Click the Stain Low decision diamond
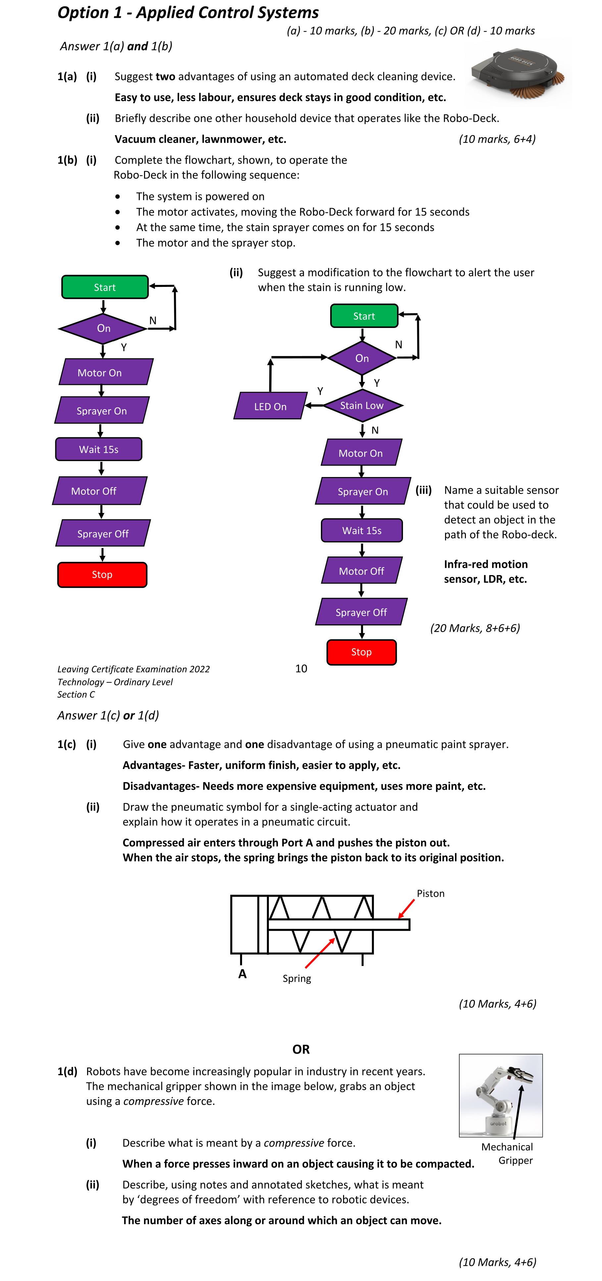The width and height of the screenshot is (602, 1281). [362, 405]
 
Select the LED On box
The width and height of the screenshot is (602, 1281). [270, 406]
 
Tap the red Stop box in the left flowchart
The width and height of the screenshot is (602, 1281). [102, 574]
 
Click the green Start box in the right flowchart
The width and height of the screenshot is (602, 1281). [364, 316]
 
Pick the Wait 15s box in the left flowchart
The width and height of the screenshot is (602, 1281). [99, 449]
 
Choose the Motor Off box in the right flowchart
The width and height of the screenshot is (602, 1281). [361, 570]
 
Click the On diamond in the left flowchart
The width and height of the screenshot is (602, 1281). [103, 328]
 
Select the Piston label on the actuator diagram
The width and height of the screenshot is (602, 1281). [430, 893]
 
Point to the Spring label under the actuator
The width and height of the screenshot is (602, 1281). [297, 978]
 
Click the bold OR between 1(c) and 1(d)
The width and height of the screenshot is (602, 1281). [301, 1049]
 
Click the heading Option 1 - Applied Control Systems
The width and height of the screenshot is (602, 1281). [188, 13]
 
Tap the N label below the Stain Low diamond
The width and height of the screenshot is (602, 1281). [375, 430]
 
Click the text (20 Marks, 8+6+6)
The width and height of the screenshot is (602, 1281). [475, 628]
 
